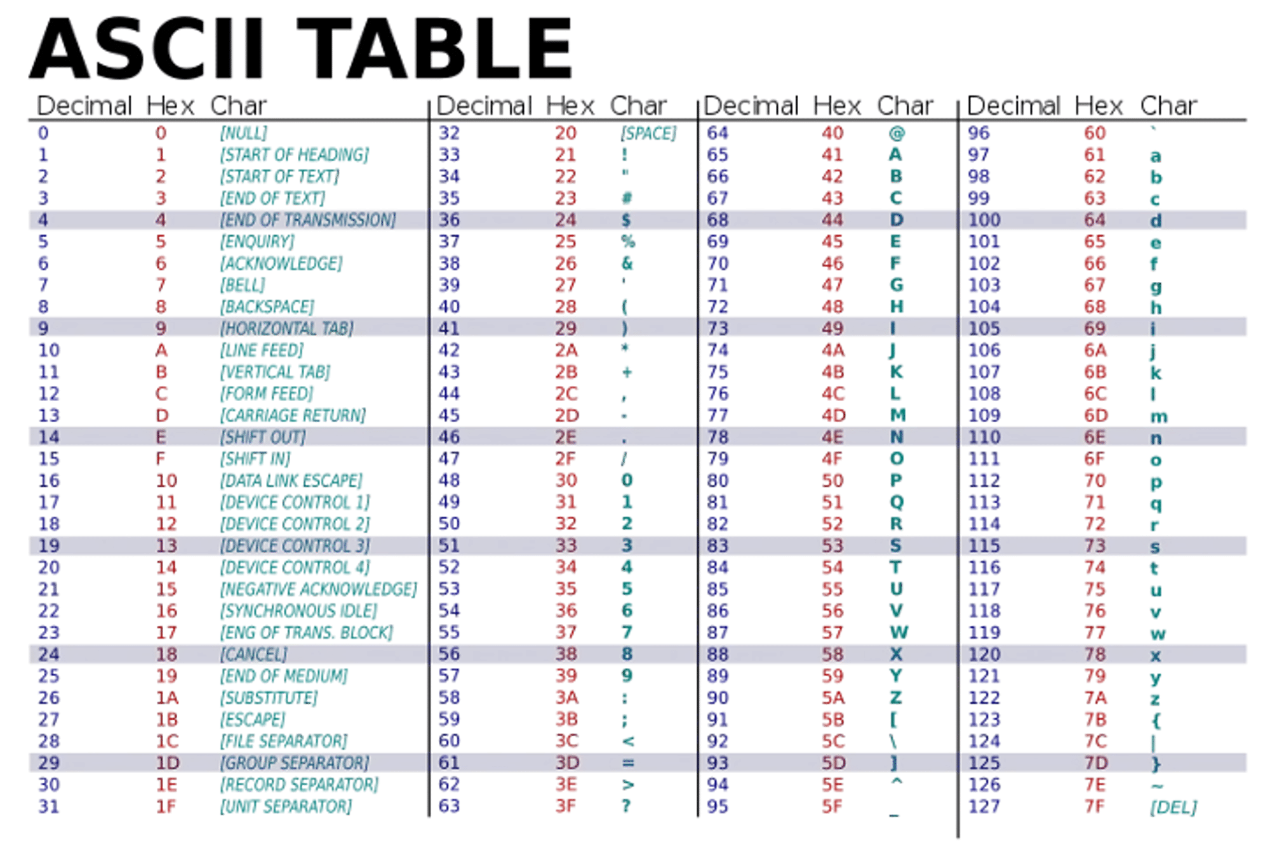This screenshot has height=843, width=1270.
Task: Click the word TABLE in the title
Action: pyautogui.click(x=434, y=48)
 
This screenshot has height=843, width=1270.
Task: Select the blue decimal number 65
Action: pyautogui.click(x=718, y=155)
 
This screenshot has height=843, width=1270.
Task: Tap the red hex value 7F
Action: pyautogui.click(x=1095, y=806)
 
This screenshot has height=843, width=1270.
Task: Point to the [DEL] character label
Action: pyautogui.click(x=1173, y=807)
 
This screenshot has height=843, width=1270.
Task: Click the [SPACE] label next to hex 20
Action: pyautogui.click(x=648, y=133)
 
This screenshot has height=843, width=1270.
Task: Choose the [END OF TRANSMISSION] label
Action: pyautogui.click(x=308, y=220)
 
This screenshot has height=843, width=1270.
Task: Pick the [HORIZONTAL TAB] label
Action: pyautogui.click(x=286, y=328)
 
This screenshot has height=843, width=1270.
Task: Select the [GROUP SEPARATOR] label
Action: pyautogui.click(x=295, y=762)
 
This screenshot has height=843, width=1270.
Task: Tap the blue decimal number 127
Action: pyautogui.click(x=984, y=806)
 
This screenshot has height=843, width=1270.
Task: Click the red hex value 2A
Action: pyautogui.click(x=566, y=350)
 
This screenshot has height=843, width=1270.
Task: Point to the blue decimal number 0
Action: pyautogui.click(x=43, y=133)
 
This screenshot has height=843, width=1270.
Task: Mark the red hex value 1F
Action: pyautogui.click(x=166, y=806)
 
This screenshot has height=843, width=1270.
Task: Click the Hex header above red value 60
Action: pyautogui.click(x=1099, y=105)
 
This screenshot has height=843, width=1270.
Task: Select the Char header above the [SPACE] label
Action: pyautogui.click(x=638, y=105)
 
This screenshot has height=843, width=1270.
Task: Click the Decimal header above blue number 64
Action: pyautogui.click(x=750, y=105)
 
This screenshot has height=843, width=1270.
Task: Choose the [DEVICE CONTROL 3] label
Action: pyautogui.click(x=295, y=546)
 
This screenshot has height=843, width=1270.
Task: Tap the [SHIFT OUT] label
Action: pyautogui.click(x=263, y=437)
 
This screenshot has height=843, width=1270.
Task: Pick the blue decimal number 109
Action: pyautogui.click(x=984, y=415)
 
